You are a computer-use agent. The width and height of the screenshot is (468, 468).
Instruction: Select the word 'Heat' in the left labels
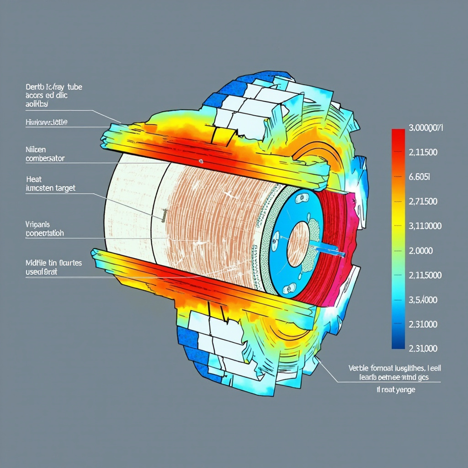coord(34,179)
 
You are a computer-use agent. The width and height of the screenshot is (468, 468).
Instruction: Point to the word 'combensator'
coord(45,158)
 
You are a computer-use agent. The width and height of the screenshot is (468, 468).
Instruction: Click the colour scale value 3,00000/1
coord(425,128)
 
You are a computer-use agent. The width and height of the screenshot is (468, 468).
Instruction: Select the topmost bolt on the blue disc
coord(301,198)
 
